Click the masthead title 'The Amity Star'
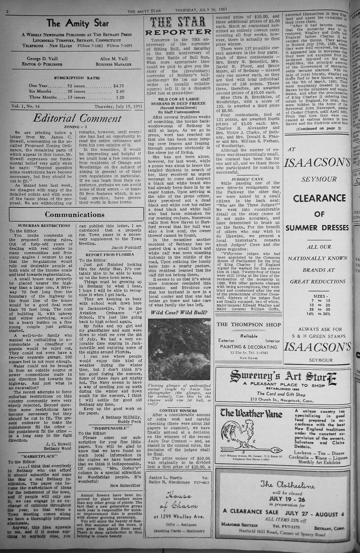click(x=78, y=23)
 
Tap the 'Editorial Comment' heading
click(x=77, y=118)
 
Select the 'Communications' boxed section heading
click(x=75, y=214)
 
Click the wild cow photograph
click(x=179, y=349)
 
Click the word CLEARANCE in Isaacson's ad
click(x=317, y=198)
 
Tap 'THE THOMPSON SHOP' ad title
click(x=249, y=325)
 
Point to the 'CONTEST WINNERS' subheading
click(x=178, y=410)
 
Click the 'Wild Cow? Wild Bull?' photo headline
click(x=179, y=312)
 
